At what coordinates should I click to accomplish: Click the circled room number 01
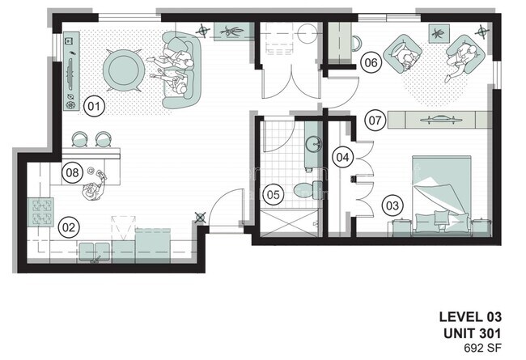94,106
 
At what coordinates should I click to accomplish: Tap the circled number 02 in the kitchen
69,228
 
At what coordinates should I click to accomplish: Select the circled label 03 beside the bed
392,205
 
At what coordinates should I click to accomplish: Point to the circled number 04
343,157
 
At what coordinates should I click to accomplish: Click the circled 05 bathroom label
273,195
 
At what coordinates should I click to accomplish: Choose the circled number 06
371,62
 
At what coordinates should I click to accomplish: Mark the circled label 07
375,120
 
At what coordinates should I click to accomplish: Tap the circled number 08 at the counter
72,172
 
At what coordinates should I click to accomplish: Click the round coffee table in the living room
124,70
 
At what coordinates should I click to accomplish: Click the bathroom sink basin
314,144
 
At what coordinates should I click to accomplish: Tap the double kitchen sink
94,252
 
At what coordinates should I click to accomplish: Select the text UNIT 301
472,333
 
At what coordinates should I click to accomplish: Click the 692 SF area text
482,348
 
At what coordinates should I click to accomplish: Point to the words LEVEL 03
470,317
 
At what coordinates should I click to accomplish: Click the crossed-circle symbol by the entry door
200,218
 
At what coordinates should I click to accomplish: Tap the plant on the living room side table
231,32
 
